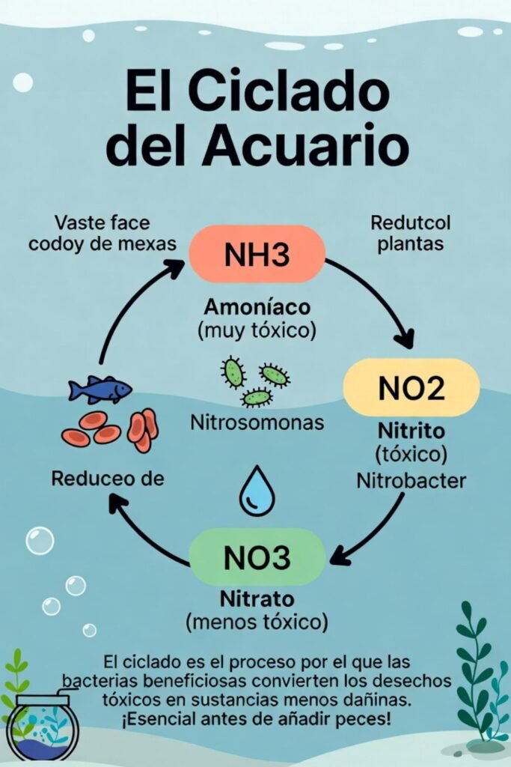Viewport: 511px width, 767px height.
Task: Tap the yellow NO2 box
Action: [x=411, y=388]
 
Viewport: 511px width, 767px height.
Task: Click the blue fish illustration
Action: [x=100, y=389]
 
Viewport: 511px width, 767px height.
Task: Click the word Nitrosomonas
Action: [x=257, y=423]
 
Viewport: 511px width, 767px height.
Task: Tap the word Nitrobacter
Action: [x=411, y=479]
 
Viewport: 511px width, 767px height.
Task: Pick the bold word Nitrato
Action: [x=257, y=600]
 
